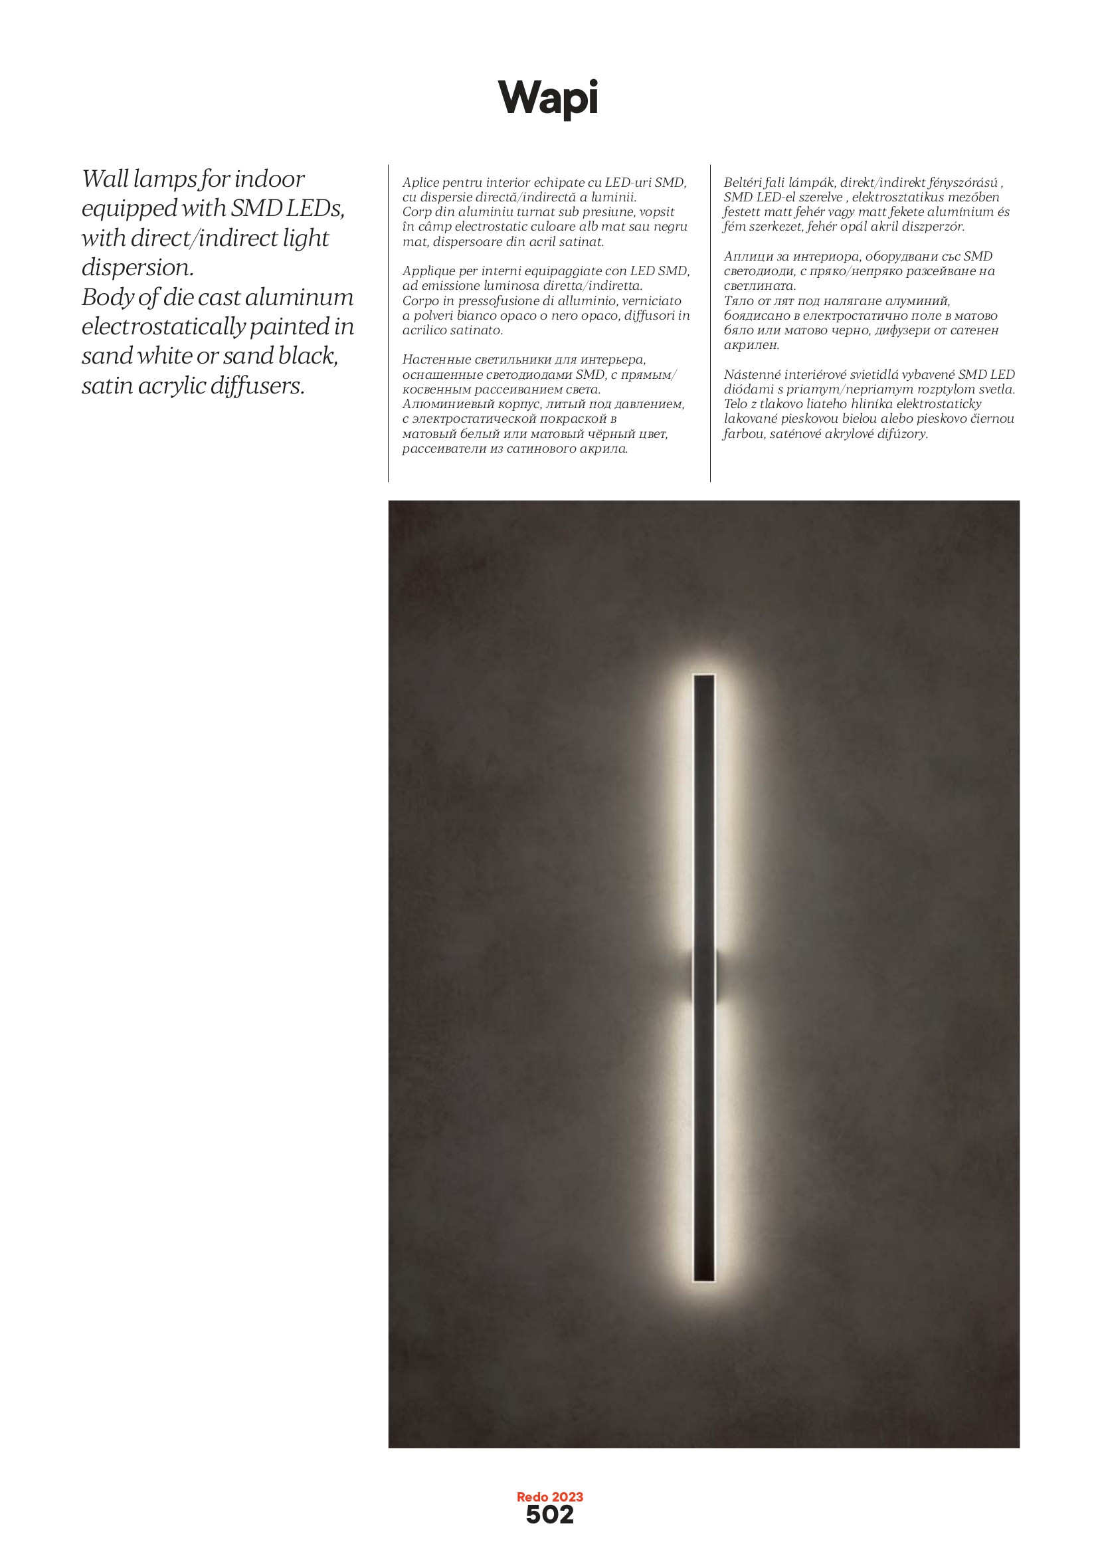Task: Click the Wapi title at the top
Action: (x=548, y=98)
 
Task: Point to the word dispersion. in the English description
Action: (x=137, y=268)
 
